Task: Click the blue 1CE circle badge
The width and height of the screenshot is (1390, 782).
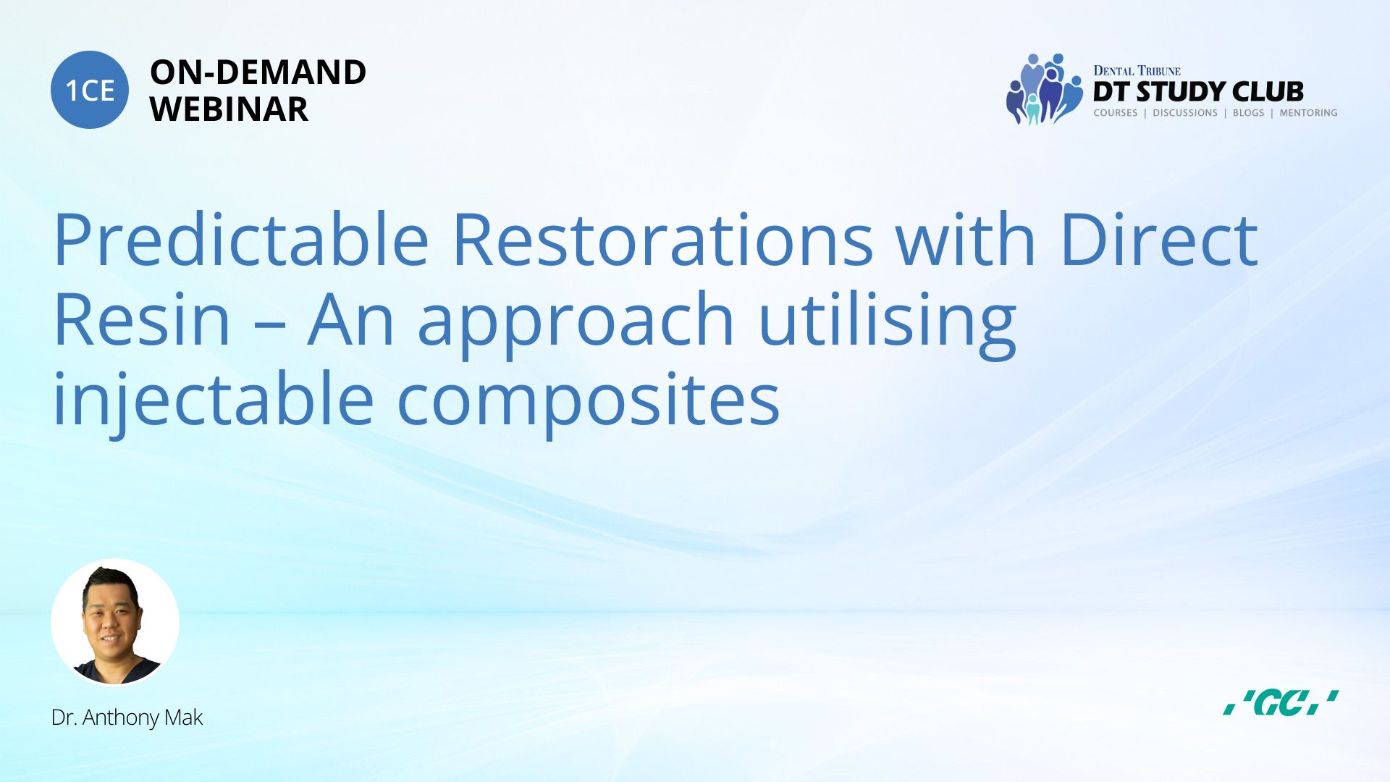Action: (x=90, y=90)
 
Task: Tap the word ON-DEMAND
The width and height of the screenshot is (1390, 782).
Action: (x=258, y=72)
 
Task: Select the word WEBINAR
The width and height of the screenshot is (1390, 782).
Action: (x=229, y=109)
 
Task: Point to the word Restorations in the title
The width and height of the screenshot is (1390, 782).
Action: (x=662, y=239)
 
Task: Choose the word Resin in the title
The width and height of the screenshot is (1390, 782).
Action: (x=142, y=319)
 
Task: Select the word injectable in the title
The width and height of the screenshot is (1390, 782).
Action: (x=214, y=403)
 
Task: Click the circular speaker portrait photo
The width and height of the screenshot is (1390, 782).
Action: (x=115, y=622)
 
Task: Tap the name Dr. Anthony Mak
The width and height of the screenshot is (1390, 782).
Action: (x=127, y=718)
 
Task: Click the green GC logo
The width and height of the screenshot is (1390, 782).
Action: (x=1281, y=702)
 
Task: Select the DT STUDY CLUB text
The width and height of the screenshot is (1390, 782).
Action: (x=1198, y=91)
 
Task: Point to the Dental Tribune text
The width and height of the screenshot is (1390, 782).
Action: (x=1137, y=70)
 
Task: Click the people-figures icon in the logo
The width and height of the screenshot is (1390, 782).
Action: (x=1044, y=89)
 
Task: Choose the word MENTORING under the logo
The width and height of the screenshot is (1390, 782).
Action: (x=1308, y=113)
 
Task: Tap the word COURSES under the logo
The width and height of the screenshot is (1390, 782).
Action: (x=1116, y=113)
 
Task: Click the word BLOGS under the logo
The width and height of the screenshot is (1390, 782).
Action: (x=1248, y=113)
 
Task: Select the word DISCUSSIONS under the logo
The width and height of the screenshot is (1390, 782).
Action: (x=1185, y=113)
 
